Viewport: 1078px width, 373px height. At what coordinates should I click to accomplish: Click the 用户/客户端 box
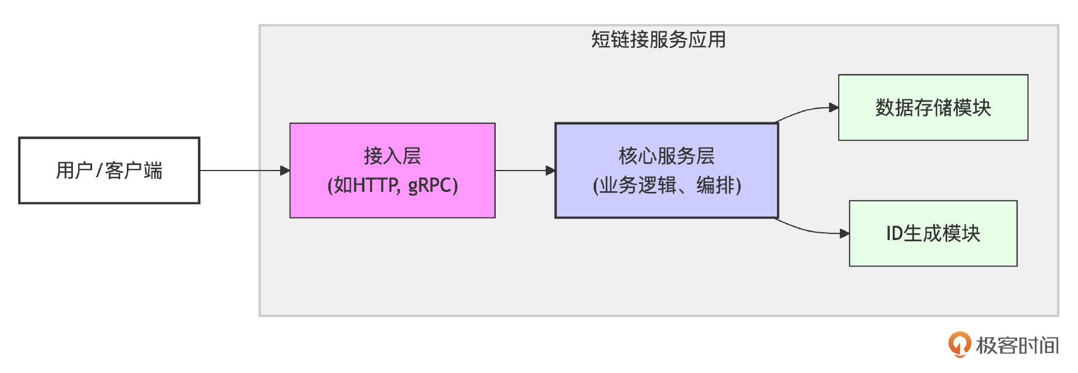click(x=109, y=170)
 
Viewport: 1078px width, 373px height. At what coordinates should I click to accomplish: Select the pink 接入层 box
click(x=392, y=170)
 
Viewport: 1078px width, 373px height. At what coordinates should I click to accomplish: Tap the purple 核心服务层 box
click(x=666, y=170)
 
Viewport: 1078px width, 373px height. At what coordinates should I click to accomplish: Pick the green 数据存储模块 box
click(x=933, y=107)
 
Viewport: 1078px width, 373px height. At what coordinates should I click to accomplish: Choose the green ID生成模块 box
click(x=933, y=233)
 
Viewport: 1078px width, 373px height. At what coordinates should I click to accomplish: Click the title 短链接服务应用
click(x=658, y=39)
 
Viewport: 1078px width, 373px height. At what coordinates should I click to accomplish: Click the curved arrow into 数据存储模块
click(x=806, y=111)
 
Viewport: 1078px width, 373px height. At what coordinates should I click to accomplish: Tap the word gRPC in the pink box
click(x=433, y=185)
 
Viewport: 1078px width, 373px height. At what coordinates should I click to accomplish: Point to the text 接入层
click(x=392, y=155)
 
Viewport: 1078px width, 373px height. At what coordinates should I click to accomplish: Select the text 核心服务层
click(x=666, y=155)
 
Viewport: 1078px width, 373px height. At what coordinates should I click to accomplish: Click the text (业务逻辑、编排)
click(x=667, y=185)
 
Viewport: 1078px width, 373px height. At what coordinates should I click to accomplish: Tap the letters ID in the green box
click(x=894, y=233)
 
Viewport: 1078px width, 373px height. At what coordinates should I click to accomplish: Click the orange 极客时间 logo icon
click(x=959, y=344)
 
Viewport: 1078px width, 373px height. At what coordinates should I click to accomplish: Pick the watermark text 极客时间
click(x=1017, y=346)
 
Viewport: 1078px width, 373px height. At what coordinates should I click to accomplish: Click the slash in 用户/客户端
click(x=99, y=171)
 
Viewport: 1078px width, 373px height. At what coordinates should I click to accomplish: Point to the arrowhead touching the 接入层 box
click(x=285, y=170)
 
